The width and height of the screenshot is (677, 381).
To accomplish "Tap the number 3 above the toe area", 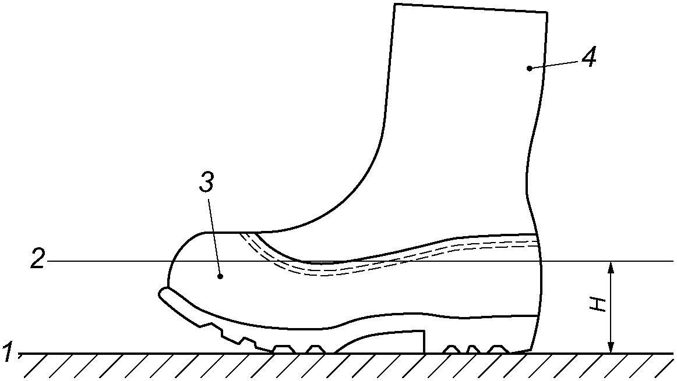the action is click(x=207, y=183).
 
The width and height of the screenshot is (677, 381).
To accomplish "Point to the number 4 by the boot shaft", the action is click(x=589, y=56).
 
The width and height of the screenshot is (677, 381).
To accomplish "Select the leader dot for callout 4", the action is click(x=529, y=68).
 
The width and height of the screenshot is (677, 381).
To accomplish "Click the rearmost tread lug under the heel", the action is click(x=496, y=349).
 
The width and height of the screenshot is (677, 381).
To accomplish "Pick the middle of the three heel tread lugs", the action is click(x=473, y=349).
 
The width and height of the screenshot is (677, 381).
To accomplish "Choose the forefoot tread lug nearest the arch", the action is click(x=316, y=349).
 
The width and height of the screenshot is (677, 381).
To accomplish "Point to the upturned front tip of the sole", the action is click(x=164, y=293).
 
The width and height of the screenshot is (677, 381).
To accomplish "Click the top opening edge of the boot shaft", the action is click(x=471, y=8).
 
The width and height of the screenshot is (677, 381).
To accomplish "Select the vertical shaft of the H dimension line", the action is click(x=611, y=308).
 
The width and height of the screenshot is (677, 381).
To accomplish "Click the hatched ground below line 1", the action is click(x=350, y=366).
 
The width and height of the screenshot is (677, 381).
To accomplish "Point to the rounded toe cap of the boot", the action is click(x=181, y=256).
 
